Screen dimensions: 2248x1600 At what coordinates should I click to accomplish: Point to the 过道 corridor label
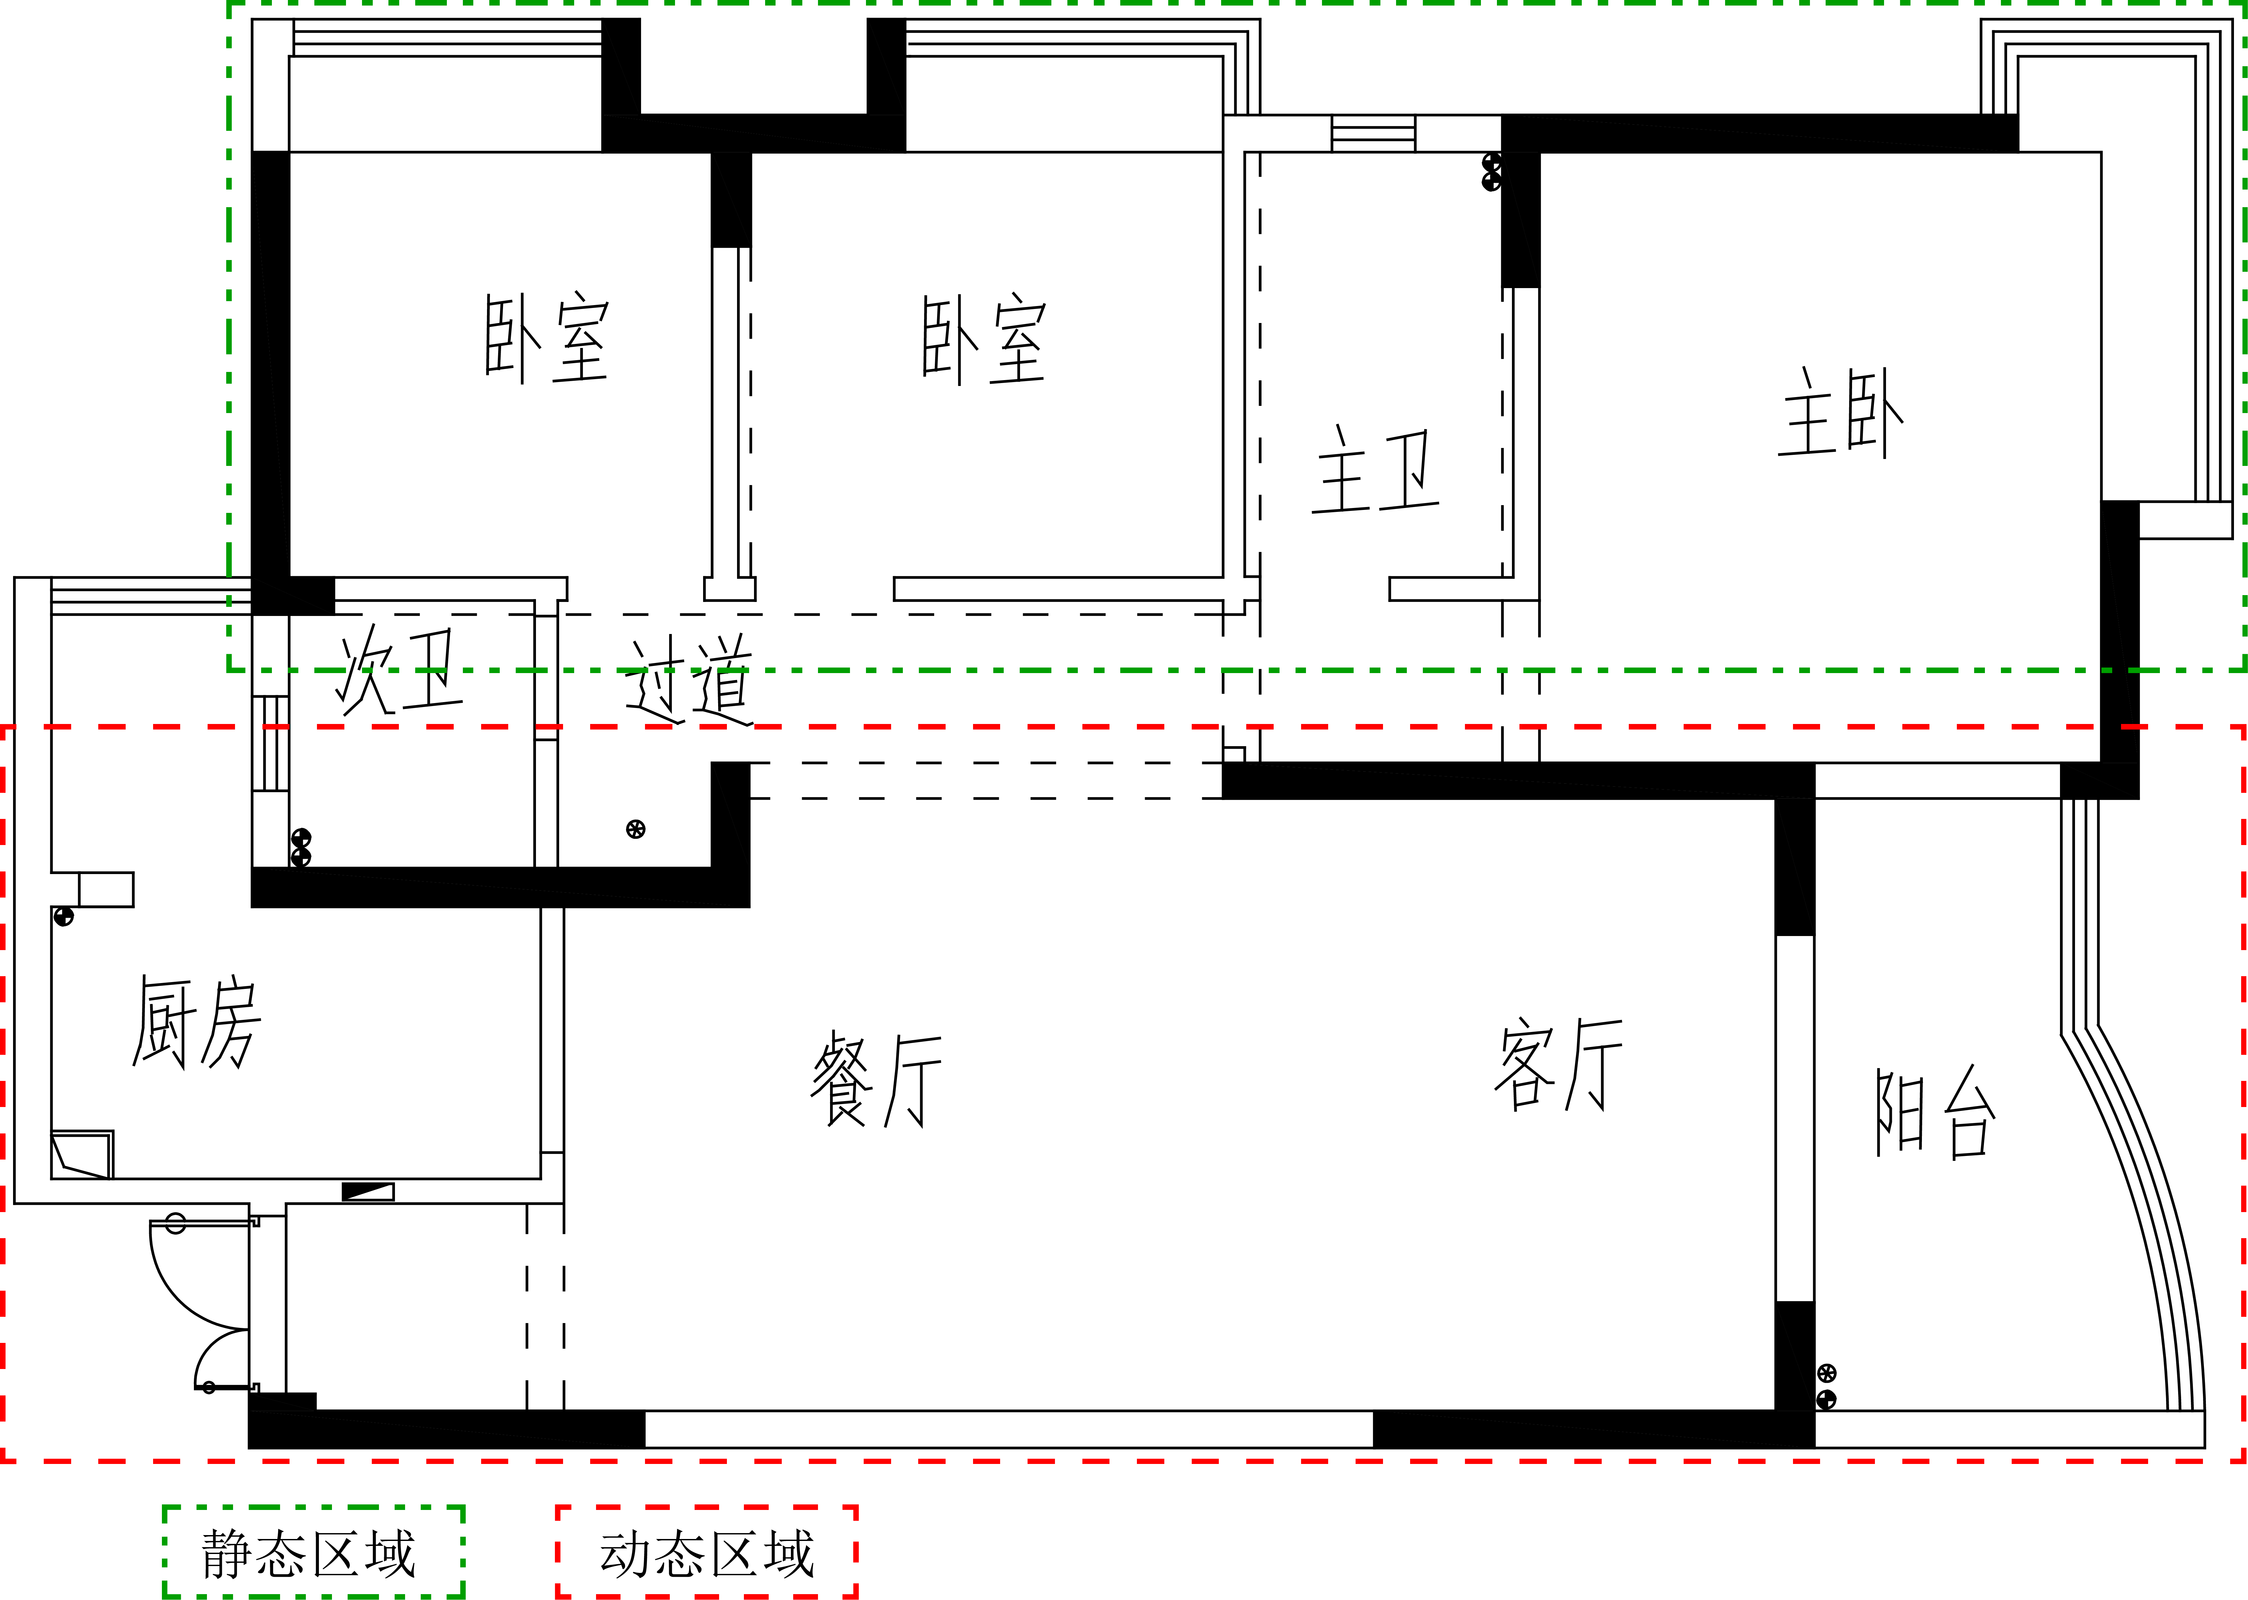pyautogui.click(x=688, y=680)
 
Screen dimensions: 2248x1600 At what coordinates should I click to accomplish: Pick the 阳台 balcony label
pyautogui.click(x=1936, y=1111)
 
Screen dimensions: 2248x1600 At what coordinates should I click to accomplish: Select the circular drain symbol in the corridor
pyautogui.click(x=636, y=830)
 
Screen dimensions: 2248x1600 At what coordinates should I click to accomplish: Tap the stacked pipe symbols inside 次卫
pyautogui.click(x=301, y=847)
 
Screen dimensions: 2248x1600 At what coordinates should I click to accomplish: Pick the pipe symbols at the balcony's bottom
pyautogui.click(x=1826, y=1386)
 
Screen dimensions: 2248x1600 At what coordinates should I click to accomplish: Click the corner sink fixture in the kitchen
pyautogui.click(x=82, y=1155)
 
